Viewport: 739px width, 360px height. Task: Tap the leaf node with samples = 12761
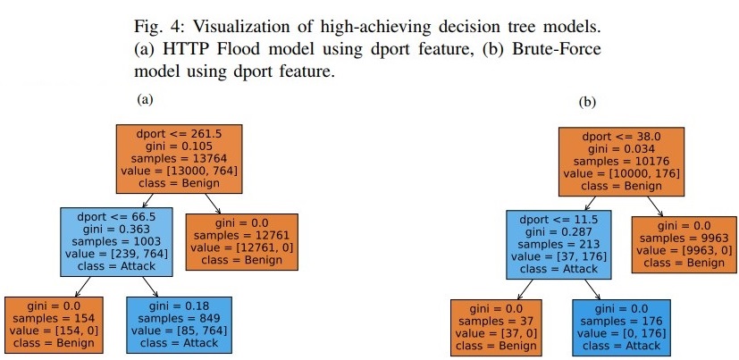[240, 240]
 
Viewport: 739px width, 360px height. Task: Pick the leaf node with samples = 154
[55, 323]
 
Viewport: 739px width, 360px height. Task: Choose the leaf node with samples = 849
[179, 323]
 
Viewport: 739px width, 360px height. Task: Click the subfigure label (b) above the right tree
[587, 103]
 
